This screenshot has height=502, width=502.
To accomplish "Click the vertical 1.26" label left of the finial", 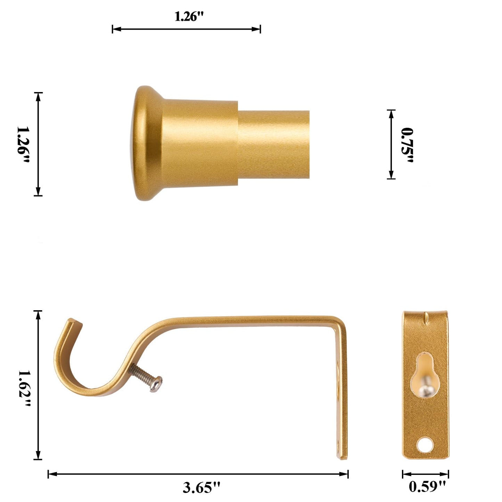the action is click(23, 145).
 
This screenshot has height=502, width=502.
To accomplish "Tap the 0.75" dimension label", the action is click(407, 145).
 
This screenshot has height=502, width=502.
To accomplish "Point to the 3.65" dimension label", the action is click(201, 487).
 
